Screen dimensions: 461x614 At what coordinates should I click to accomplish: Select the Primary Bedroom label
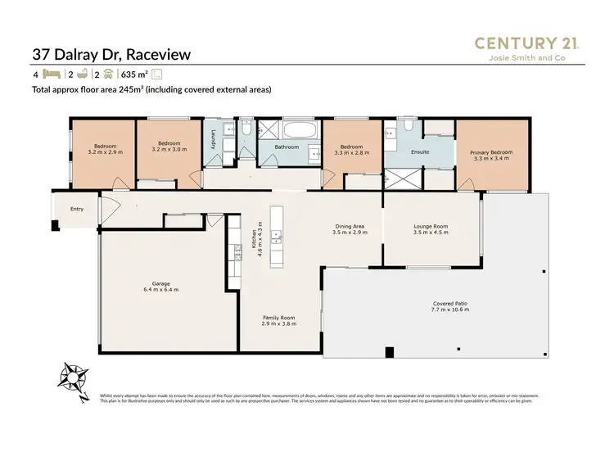(491, 156)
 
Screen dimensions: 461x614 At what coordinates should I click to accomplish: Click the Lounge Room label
(431, 229)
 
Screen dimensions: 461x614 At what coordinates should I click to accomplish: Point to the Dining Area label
(350, 229)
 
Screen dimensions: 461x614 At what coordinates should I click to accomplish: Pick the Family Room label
(278, 320)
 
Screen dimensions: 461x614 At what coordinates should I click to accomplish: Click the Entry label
(76, 209)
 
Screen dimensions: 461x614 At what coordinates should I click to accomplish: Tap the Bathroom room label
(287, 147)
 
